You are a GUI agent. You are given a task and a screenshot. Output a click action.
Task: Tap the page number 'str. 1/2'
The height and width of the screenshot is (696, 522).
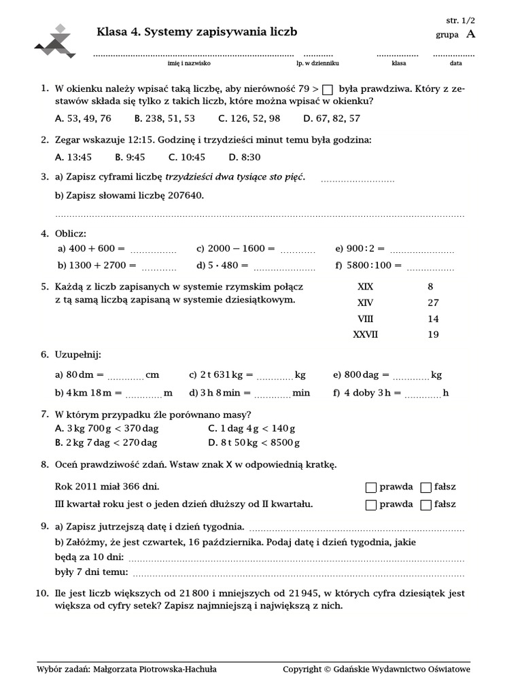click(463, 20)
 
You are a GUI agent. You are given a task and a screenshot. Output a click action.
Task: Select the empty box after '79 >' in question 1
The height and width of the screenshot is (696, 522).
click(328, 89)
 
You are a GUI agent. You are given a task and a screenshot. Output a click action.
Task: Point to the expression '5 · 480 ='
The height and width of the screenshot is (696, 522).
click(222, 265)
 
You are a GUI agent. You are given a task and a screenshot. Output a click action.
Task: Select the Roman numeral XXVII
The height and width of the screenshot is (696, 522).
click(365, 334)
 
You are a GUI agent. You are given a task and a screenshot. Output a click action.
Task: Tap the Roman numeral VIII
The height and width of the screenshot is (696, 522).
click(365, 319)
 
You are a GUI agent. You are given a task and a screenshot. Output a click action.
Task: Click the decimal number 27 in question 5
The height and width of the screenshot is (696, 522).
click(433, 302)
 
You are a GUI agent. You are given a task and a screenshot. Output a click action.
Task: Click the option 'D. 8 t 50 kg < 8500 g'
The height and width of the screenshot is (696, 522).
click(254, 442)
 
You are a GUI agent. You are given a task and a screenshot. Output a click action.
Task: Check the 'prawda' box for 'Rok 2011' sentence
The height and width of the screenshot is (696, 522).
click(370, 487)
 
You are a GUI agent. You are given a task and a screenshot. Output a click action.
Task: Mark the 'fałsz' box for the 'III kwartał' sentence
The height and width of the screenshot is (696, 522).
click(426, 505)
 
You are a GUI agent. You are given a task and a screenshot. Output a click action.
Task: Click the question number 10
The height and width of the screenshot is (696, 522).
click(40, 593)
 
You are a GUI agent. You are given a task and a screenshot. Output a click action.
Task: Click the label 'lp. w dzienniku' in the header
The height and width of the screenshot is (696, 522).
click(317, 63)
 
